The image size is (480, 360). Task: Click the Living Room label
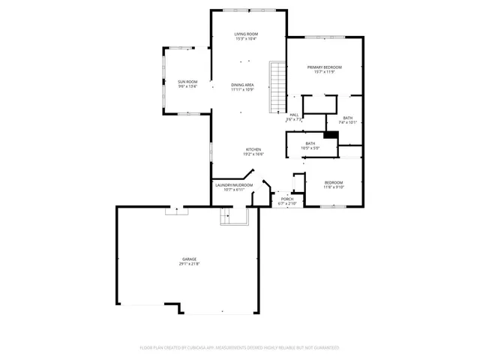tap(246, 34)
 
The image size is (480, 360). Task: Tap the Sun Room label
tap(187, 81)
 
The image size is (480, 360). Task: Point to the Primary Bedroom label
tap(324, 67)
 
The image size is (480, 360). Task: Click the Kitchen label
tap(253, 149)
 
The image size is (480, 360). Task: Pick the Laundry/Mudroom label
tap(233, 184)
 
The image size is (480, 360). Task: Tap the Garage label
tap(189, 259)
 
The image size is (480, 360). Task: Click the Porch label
tap(287, 199)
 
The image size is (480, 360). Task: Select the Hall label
tap(294, 115)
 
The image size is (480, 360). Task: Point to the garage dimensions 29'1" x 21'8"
tap(189, 264)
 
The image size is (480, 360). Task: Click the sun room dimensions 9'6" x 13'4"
tap(187, 86)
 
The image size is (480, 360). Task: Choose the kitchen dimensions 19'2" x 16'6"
tap(253, 154)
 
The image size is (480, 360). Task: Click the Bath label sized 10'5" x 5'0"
tap(310, 143)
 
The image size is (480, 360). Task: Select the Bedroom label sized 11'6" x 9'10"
tap(334, 183)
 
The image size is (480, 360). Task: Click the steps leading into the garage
tap(226, 217)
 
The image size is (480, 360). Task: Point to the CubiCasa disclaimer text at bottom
tap(240, 348)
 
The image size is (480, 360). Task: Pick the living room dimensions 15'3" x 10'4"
tap(246, 40)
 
